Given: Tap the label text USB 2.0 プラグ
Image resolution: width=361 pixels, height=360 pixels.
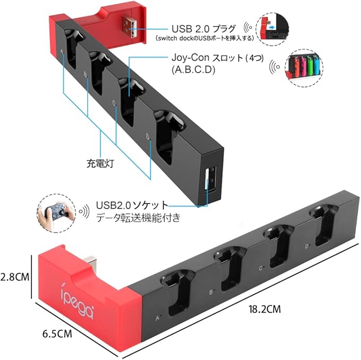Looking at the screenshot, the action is point(204,29).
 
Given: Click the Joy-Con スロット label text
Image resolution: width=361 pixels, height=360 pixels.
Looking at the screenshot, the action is point(217,58).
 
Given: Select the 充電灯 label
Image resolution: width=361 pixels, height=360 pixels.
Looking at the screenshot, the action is point(100,164).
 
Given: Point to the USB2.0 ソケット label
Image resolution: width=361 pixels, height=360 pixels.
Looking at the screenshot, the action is point(132,205).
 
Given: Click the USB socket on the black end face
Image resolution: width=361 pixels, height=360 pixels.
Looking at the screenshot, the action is point(210,178).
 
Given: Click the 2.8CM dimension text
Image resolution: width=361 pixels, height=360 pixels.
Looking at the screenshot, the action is point(15,277).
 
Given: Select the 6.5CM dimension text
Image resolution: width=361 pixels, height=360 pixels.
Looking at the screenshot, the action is point(57,334).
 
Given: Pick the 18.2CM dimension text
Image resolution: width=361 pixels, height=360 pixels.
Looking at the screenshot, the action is point(265,309).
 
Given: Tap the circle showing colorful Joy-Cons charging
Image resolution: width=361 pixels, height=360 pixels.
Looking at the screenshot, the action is point(304,68).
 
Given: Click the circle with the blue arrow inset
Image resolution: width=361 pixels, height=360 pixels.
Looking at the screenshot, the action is point(273,29).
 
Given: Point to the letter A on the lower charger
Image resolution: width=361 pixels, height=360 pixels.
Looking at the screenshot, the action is point(157,319).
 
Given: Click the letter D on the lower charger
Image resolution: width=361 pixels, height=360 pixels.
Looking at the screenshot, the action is point(307,246).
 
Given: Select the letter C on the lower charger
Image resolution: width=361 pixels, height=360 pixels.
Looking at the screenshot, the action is point(261,268).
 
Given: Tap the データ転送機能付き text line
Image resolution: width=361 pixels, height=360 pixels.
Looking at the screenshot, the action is point(138,218).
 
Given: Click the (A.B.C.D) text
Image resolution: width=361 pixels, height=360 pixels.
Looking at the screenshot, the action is point(194,70).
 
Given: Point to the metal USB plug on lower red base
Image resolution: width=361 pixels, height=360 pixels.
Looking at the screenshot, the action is point(91,262).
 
